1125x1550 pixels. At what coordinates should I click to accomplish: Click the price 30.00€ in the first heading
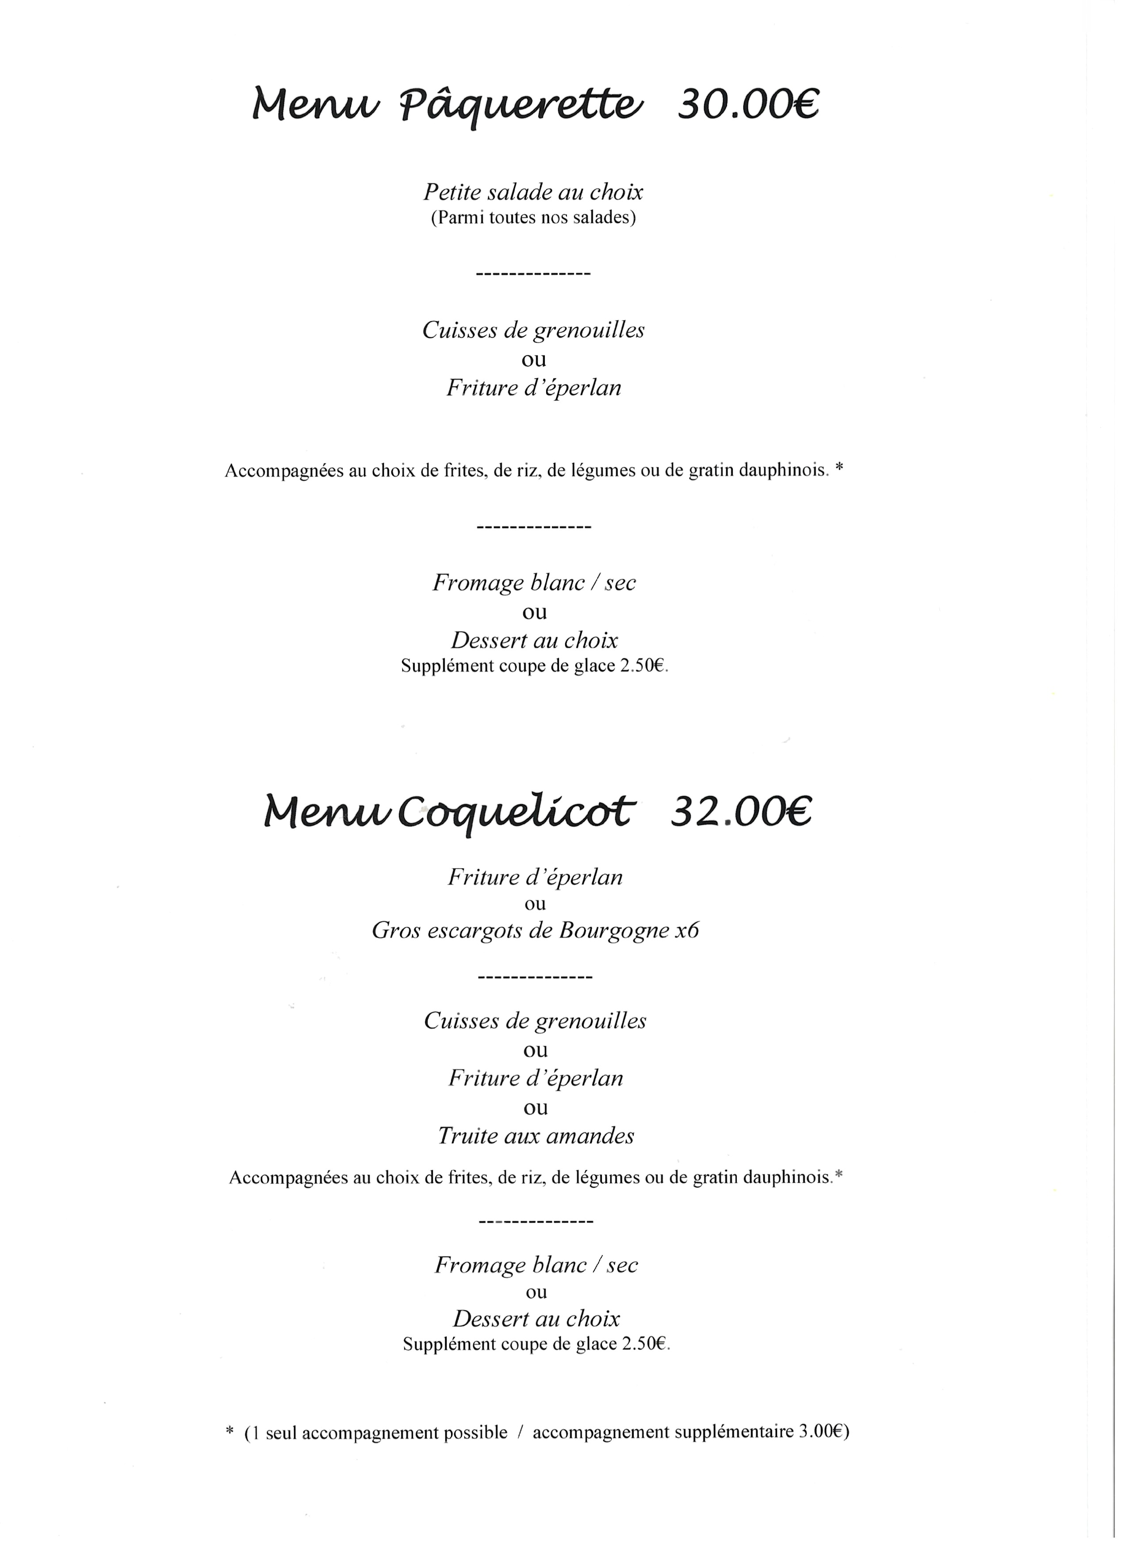tap(748, 104)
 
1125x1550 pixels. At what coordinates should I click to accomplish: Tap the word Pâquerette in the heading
tap(521, 106)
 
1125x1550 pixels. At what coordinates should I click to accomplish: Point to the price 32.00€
tap(741, 813)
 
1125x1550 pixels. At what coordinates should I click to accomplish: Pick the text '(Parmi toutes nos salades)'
tap(533, 218)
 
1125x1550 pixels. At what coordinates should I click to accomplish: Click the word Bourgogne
tap(613, 931)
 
